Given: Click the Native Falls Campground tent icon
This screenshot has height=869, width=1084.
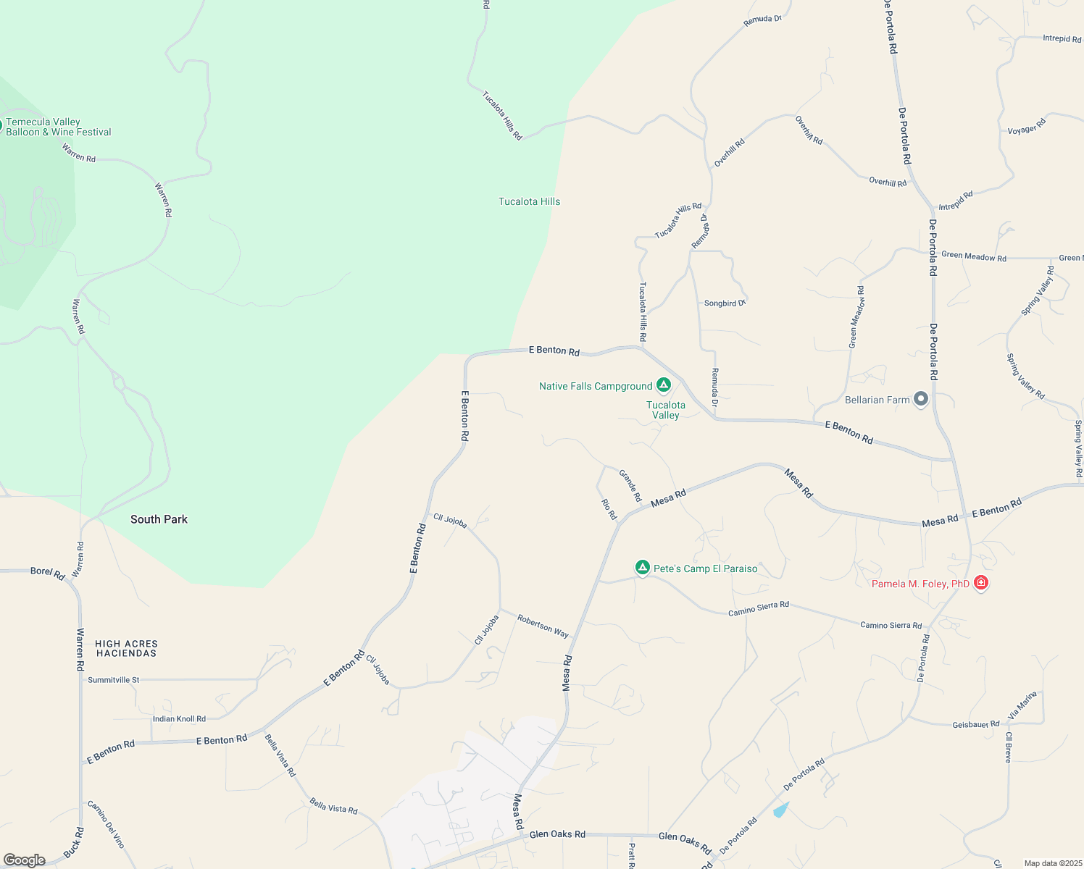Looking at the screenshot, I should tap(663, 385).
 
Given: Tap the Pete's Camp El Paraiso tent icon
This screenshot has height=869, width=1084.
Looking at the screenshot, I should tap(642, 568).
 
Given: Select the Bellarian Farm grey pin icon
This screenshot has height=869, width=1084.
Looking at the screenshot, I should tap(921, 399).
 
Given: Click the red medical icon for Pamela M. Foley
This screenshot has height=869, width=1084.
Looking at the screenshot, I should tap(980, 582).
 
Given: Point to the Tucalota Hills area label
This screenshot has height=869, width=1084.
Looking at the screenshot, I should tap(529, 201).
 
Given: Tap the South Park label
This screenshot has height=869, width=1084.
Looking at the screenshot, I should tap(159, 519).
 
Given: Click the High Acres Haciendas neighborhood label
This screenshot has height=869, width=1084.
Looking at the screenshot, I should tap(126, 648).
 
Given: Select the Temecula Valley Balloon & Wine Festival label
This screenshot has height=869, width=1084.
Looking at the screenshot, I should tap(58, 127).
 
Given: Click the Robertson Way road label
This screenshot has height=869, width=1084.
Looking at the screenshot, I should tap(543, 626).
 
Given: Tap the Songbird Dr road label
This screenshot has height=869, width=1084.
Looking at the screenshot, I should tap(725, 303).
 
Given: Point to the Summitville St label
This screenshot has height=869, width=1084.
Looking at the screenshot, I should tap(113, 680).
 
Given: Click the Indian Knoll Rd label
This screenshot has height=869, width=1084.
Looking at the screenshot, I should tap(179, 719).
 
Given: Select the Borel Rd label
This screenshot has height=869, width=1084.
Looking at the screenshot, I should tap(47, 572).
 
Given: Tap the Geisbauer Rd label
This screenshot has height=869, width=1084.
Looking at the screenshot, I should tap(975, 724).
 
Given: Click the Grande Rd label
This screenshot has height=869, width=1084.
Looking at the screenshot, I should tap(630, 485).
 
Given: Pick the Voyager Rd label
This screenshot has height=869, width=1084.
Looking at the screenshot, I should tap(1027, 126).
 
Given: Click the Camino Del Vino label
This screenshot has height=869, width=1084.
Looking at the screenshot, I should tap(106, 824).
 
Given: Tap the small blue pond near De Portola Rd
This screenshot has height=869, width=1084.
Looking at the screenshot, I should tap(780, 809).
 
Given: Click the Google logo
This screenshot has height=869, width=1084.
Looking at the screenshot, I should tap(25, 860).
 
